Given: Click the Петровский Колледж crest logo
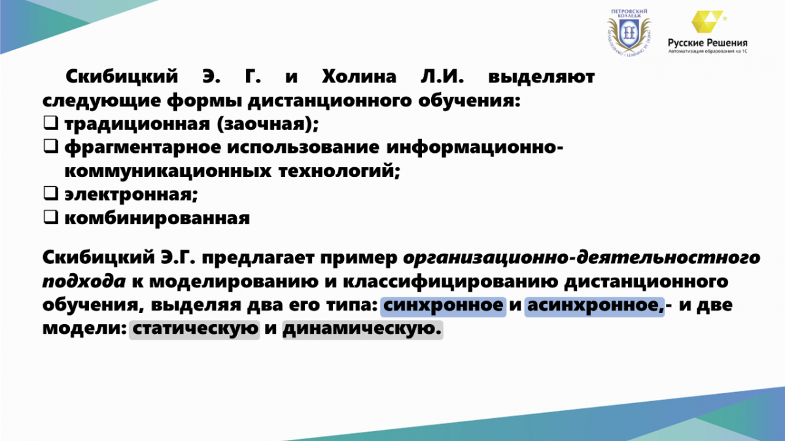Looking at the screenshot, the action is tap(629, 33).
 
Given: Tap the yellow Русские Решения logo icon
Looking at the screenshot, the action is tap(707, 22).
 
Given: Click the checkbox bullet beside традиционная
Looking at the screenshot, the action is tap(50, 123).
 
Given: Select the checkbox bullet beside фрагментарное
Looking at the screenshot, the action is tap(50, 146).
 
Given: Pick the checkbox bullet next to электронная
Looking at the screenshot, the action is tap(50, 193).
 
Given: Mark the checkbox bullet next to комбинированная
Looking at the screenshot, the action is tap(50, 217).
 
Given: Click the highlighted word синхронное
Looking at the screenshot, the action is tap(444, 305).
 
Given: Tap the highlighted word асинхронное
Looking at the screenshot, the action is tap(595, 305).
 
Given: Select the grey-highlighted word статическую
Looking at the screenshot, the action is tap(194, 329).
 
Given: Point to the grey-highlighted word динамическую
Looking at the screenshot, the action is tap(362, 329).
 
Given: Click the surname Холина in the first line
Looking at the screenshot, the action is tap(359, 76).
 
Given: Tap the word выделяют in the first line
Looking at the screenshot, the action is tap(542, 77).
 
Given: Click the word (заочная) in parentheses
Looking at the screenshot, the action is tap(268, 124).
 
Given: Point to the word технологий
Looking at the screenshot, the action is tap(340, 171).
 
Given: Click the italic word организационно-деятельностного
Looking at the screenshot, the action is tap(582, 258).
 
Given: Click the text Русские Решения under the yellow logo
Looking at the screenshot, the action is tap(707, 42).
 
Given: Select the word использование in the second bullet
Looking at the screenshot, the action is tap(303, 147).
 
